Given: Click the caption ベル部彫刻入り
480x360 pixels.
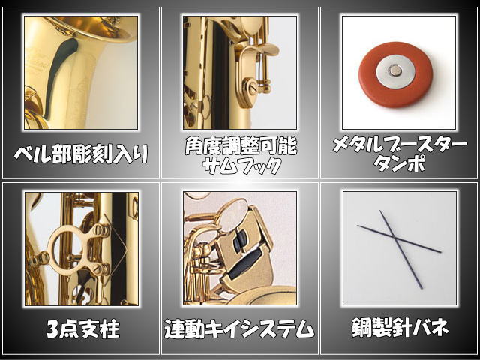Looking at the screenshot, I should [x=81, y=154].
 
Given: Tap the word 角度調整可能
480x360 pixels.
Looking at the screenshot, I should [x=240, y=145].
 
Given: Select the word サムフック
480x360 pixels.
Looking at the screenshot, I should [x=240, y=165].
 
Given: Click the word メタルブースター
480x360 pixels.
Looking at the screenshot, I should [x=399, y=145].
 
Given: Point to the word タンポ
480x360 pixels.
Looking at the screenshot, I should [x=399, y=165].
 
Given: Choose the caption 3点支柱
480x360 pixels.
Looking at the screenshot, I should [x=81, y=328].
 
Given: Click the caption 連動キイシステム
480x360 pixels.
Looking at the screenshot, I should [x=240, y=328].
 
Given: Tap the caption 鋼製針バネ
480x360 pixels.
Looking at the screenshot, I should [x=399, y=328].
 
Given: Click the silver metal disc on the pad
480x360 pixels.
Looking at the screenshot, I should [x=395, y=71].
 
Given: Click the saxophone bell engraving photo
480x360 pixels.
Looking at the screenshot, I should [x=81, y=73].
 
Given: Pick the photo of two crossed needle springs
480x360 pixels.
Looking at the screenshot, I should [x=399, y=248].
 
